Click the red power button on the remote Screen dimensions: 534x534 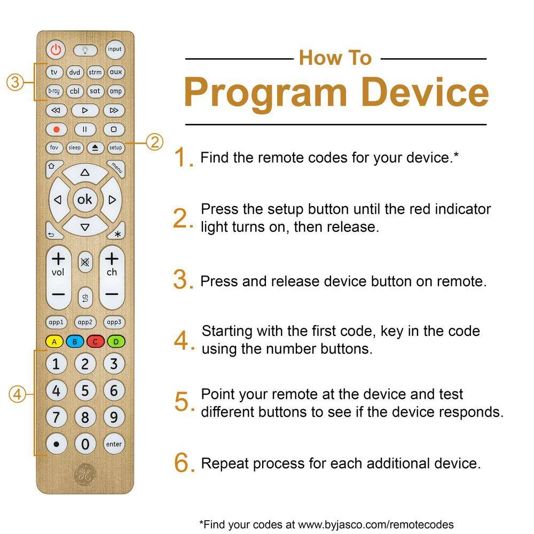click(56, 50)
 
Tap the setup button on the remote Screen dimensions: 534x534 click(115, 147)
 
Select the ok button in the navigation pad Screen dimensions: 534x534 click(85, 200)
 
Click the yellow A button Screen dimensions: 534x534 click(54, 342)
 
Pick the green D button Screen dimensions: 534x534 click(116, 342)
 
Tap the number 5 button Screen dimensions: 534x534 click(85, 391)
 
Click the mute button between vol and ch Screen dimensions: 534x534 click(85, 262)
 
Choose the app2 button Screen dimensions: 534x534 click(85, 322)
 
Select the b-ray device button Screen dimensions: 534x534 click(54, 91)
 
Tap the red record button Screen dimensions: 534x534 click(57, 129)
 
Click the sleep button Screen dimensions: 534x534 click(75, 147)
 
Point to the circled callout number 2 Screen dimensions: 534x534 click(155, 142)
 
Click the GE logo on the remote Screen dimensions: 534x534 click(85, 474)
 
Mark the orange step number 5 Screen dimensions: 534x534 click(182, 402)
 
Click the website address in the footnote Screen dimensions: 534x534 click(375, 524)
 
